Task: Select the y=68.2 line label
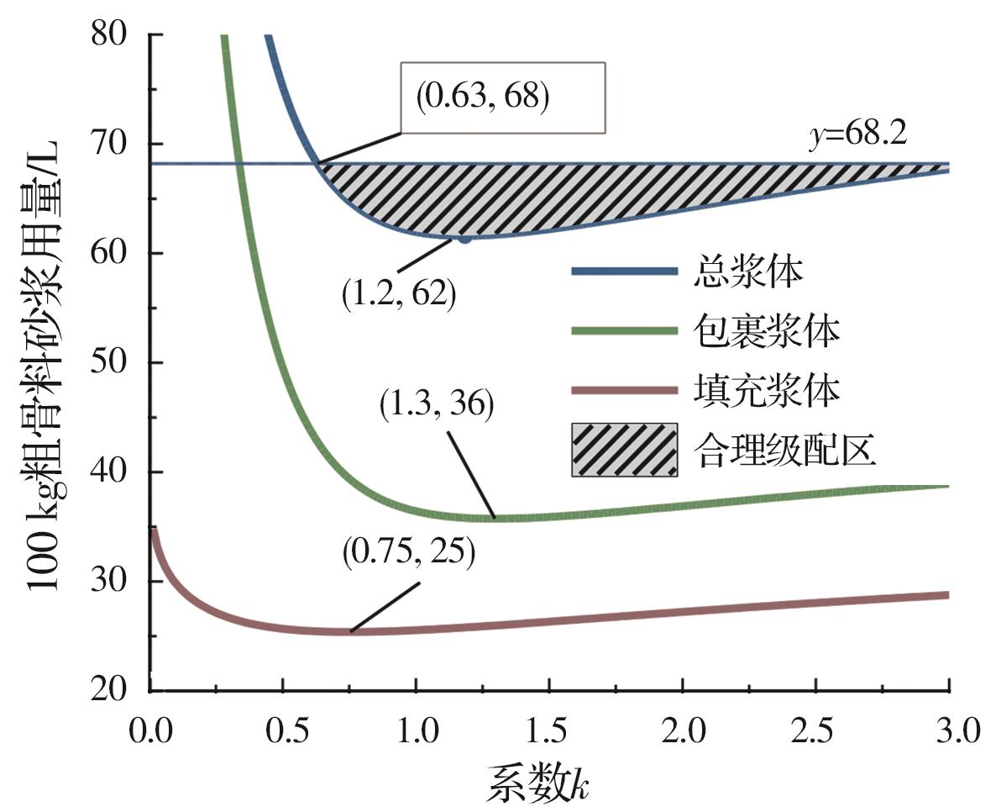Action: pyautogui.click(x=857, y=134)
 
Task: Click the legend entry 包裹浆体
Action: pyautogui.click(x=768, y=333)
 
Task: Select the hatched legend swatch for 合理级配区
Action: pyautogui.click(x=625, y=450)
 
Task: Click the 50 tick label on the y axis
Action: pyautogui.click(x=113, y=363)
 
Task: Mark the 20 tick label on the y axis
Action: pyautogui.click(x=113, y=691)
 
